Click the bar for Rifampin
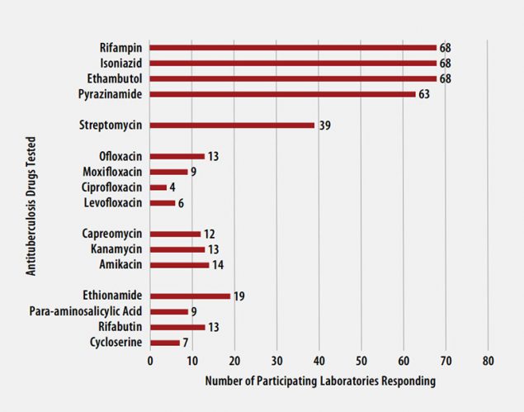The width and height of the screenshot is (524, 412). tap(293, 47)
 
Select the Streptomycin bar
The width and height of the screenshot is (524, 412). tap(232, 125)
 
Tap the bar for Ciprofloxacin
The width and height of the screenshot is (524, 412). tap(158, 187)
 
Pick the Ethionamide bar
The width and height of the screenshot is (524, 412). tap(190, 296)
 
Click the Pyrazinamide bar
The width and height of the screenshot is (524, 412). tap(282, 94)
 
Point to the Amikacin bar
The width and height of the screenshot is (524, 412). tap(179, 265)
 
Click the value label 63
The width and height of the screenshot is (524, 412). tap(424, 94)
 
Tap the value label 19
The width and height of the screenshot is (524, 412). tap(238, 296)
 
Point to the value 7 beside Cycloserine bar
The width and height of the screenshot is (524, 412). tap(185, 342)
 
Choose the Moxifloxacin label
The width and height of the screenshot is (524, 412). tap(112, 172)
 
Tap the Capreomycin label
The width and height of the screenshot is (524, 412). tap(112, 234)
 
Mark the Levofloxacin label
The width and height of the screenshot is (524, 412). tap(113, 203)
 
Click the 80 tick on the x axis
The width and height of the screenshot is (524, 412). tap(488, 362)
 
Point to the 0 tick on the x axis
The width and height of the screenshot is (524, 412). tap(150, 362)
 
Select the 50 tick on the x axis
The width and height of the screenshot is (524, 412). tap(361, 362)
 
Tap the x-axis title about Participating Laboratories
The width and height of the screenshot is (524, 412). tap(319, 381)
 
